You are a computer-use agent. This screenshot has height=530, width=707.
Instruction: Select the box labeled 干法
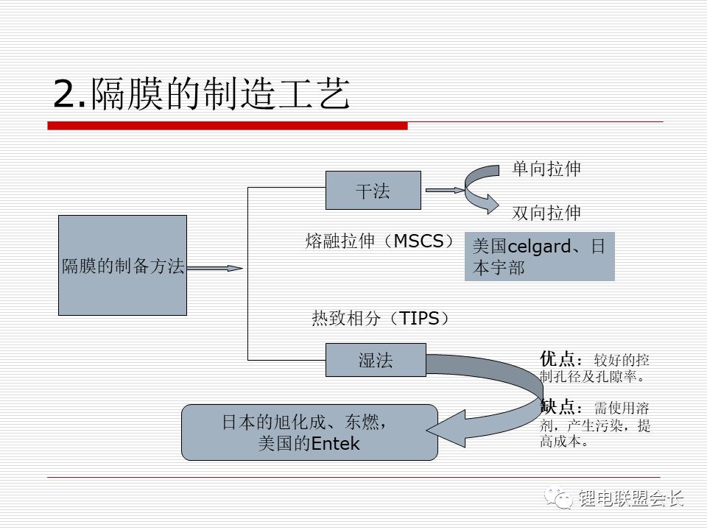pos(373,190)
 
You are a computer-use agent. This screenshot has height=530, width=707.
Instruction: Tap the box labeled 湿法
pos(376,360)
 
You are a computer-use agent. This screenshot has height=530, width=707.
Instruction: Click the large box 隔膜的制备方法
pos(122,266)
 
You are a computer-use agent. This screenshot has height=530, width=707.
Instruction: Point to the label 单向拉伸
pos(546,169)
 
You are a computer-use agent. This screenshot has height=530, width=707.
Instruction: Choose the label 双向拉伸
pos(546,213)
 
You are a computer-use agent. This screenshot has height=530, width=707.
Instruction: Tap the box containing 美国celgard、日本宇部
pos(539,257)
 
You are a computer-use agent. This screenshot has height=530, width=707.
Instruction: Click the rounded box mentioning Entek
pos(309,433)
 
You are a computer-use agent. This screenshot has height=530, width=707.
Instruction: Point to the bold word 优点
pos(557,359)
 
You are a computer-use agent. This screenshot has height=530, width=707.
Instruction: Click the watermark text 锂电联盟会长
pos(631,498)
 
